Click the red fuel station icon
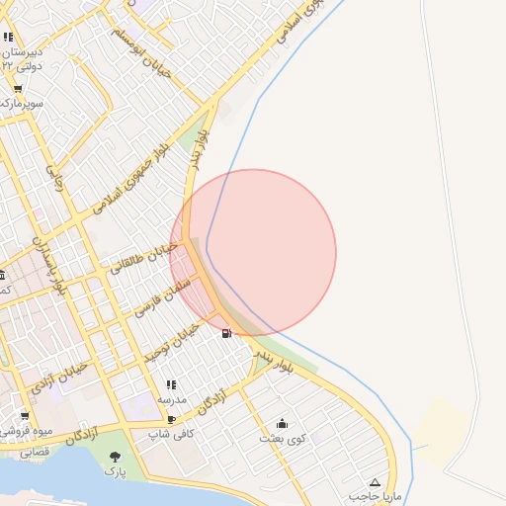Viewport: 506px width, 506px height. [x=228, y=332]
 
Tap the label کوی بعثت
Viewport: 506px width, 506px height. [x=283, y=437]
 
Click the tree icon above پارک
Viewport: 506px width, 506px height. [x=117, y=456]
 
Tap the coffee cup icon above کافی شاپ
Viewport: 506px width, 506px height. [x=172, y=419]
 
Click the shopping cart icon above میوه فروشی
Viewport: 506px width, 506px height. [x=25, y=415]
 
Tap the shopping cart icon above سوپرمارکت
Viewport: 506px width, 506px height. [x=17, y=89]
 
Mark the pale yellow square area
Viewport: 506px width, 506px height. [x=440, y=425]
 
